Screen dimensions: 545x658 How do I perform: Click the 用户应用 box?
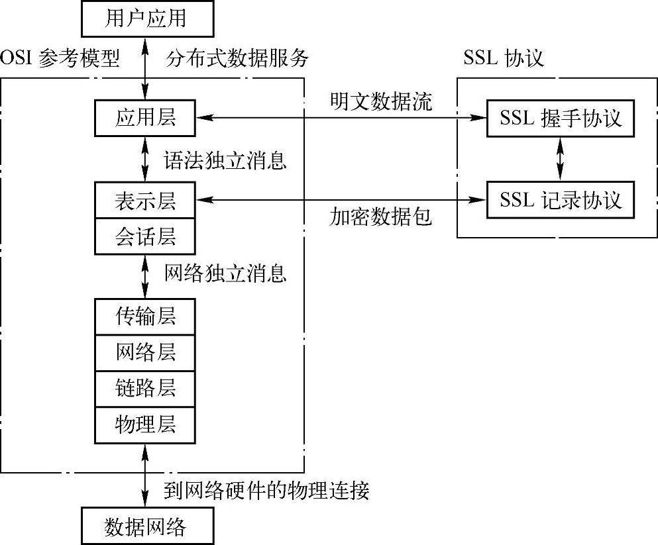point(146,19)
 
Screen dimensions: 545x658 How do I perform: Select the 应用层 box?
point(146,119)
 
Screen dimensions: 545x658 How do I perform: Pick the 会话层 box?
point(146,236)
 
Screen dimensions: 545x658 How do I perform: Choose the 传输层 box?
point(146,316)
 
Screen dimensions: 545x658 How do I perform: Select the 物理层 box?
point(146,423)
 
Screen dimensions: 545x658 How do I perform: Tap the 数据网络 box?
point(146,526)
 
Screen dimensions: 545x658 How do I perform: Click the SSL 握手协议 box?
point(561,119)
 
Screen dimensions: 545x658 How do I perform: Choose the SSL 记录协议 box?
point(561,200)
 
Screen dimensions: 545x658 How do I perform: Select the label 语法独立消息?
point(225,160)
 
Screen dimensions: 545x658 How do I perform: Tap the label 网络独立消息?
point(225,273)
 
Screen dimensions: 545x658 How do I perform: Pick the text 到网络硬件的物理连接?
point(266,491)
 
